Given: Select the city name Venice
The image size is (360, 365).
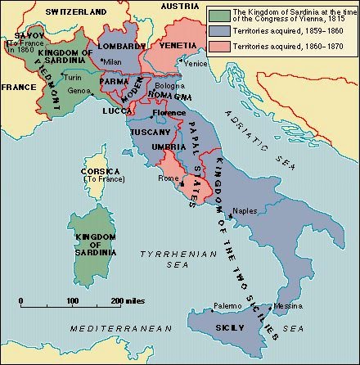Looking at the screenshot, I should coord(196,63).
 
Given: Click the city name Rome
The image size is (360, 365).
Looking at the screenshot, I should coord(169,178).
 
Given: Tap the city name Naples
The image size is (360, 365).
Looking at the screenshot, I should coord(245,210).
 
